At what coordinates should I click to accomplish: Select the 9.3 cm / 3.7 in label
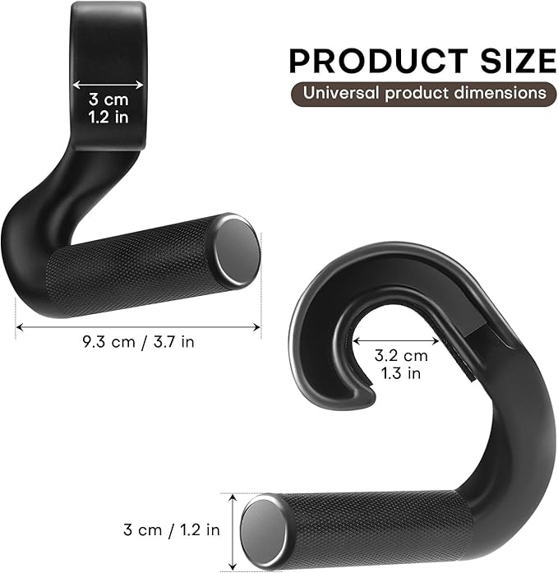(139, 340)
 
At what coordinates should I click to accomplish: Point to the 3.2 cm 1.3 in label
(402, 364)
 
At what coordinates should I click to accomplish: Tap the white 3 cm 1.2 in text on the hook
(108, 108)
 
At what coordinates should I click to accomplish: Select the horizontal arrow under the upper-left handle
(139, 327)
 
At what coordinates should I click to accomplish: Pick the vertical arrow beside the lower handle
(233, 529)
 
